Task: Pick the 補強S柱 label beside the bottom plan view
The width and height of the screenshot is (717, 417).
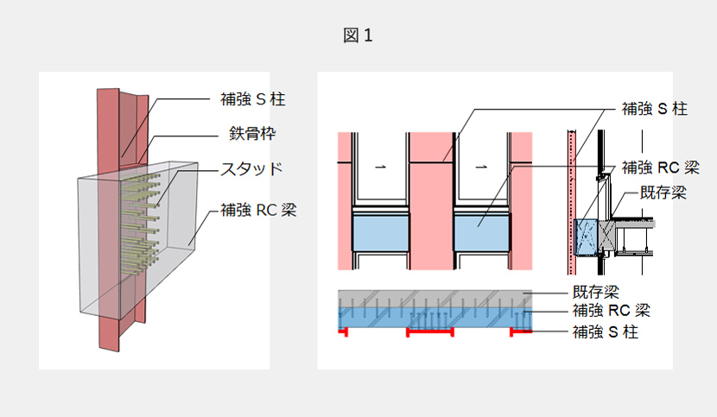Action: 605,332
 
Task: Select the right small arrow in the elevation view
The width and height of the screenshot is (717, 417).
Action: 481,164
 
